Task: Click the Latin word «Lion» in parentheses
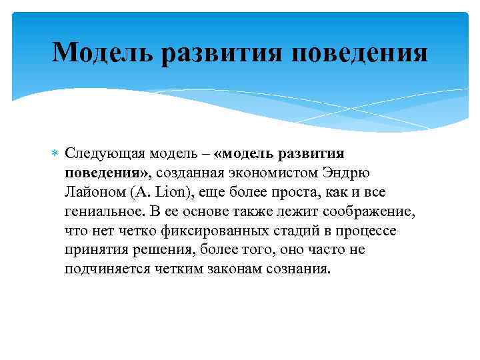click(171, 193)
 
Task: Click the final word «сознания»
click(295, 270)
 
